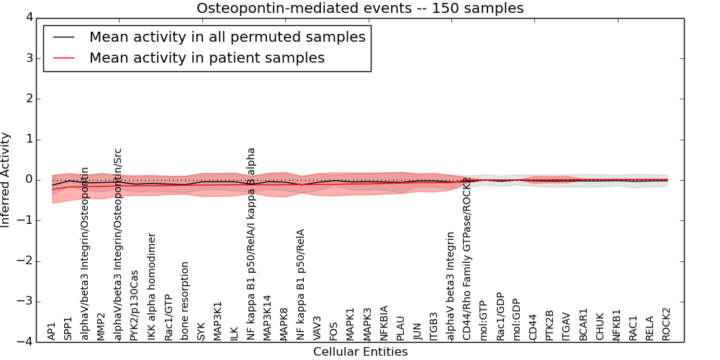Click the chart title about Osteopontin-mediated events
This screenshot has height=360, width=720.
click(x=360, y=9)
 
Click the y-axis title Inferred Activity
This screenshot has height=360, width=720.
click(x=6, y=180)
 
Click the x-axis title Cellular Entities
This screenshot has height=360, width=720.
click(x=360, y=352)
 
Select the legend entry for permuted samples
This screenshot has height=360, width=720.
click(x=227, y=37)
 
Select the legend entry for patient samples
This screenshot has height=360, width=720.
click(x=207, y=58)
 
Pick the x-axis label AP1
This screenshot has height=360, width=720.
click(x=52, y=331)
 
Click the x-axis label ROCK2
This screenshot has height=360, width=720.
click(x=666, y=325)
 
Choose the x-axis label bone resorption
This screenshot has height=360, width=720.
click(x=185, y=301)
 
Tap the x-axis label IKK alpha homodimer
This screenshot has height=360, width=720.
click(x=152, y=287)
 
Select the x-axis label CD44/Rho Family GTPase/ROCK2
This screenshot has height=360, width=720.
click(x=467, y=258)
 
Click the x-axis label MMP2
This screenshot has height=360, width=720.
click(x=102, y=326)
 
